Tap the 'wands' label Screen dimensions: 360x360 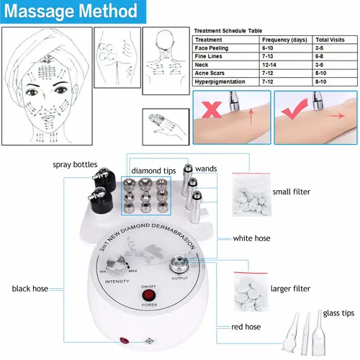(206, 168)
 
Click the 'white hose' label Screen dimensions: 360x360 (252, 237)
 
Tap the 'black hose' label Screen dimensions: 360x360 (30, 288)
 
